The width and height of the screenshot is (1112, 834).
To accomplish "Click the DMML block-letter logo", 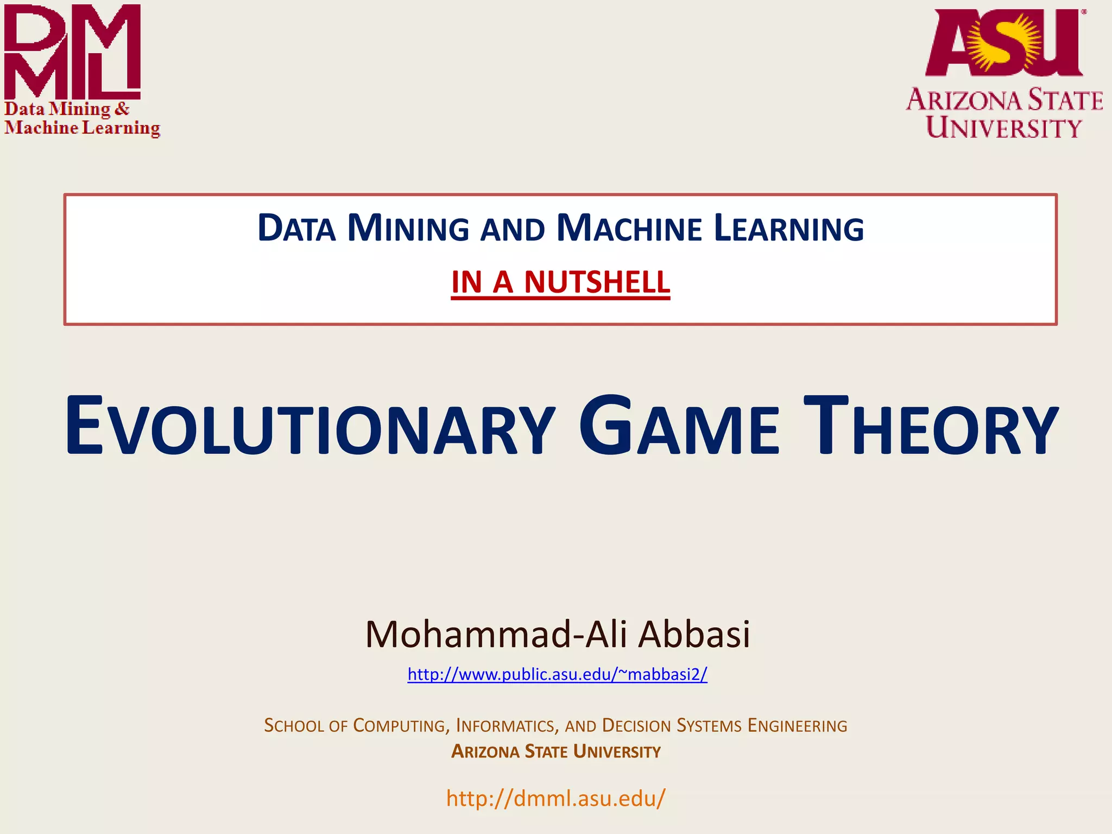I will pos(72,52).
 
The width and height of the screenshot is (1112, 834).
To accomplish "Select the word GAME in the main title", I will pos(679,426).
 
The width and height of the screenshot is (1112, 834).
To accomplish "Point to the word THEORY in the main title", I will pos(931,426).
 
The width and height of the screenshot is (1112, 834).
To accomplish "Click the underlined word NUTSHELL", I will pos(597,282).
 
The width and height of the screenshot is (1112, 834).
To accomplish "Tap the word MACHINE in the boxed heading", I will pos(629,228).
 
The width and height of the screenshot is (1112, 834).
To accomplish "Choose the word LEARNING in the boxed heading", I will pos(788,228).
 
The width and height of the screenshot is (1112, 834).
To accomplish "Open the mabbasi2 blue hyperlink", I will pos(557,674).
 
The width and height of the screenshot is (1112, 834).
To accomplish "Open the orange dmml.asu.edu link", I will pos(555,798).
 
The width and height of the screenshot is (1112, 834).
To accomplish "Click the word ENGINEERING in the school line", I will pos(797,725).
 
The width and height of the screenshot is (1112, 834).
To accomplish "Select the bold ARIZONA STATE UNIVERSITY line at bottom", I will pos(556,751).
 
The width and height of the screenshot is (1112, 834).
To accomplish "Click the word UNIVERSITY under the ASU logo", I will pos(1004,128).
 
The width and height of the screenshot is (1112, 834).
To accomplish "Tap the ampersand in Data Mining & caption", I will pos(122,109).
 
